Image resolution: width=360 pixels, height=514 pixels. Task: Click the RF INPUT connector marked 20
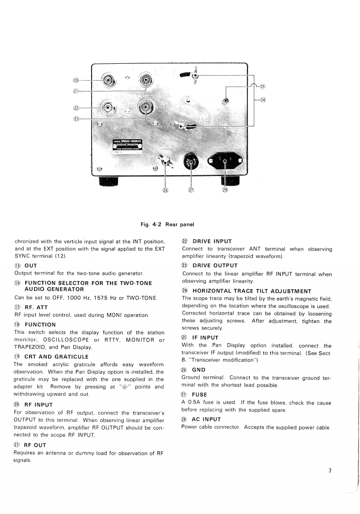click(x=109, y=81)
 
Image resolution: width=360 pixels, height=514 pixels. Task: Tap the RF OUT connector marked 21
click(x=145, y=81)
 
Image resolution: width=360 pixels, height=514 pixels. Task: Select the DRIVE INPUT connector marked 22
click(x=109, y=108)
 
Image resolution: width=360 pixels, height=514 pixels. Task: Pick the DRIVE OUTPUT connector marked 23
click(x=146, y=108)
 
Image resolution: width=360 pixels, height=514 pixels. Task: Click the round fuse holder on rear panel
click(x=190, y=162)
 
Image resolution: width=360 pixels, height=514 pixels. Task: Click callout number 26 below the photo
click(x=165, y=191)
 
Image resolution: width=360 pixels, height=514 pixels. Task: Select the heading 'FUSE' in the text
click(x=199, y=394)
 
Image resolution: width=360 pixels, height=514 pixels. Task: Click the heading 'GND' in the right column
click(x=198, y=370)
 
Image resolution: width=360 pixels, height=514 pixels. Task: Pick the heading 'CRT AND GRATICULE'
click(x=56, y=356)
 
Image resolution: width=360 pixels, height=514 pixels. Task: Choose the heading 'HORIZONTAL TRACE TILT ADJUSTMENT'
click(x=251, y=291)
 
